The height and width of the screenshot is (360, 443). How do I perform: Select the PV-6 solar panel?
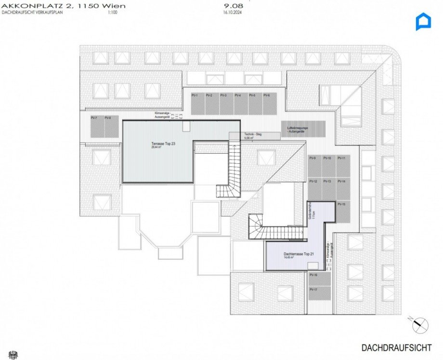coord(269,104)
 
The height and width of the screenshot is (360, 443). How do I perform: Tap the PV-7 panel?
coord(95,127)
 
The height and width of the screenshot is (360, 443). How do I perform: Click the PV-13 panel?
coord(328,189)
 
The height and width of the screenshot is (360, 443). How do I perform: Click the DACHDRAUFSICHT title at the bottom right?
coord(396,347)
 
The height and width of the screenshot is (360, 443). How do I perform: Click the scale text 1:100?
coord(113,13)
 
